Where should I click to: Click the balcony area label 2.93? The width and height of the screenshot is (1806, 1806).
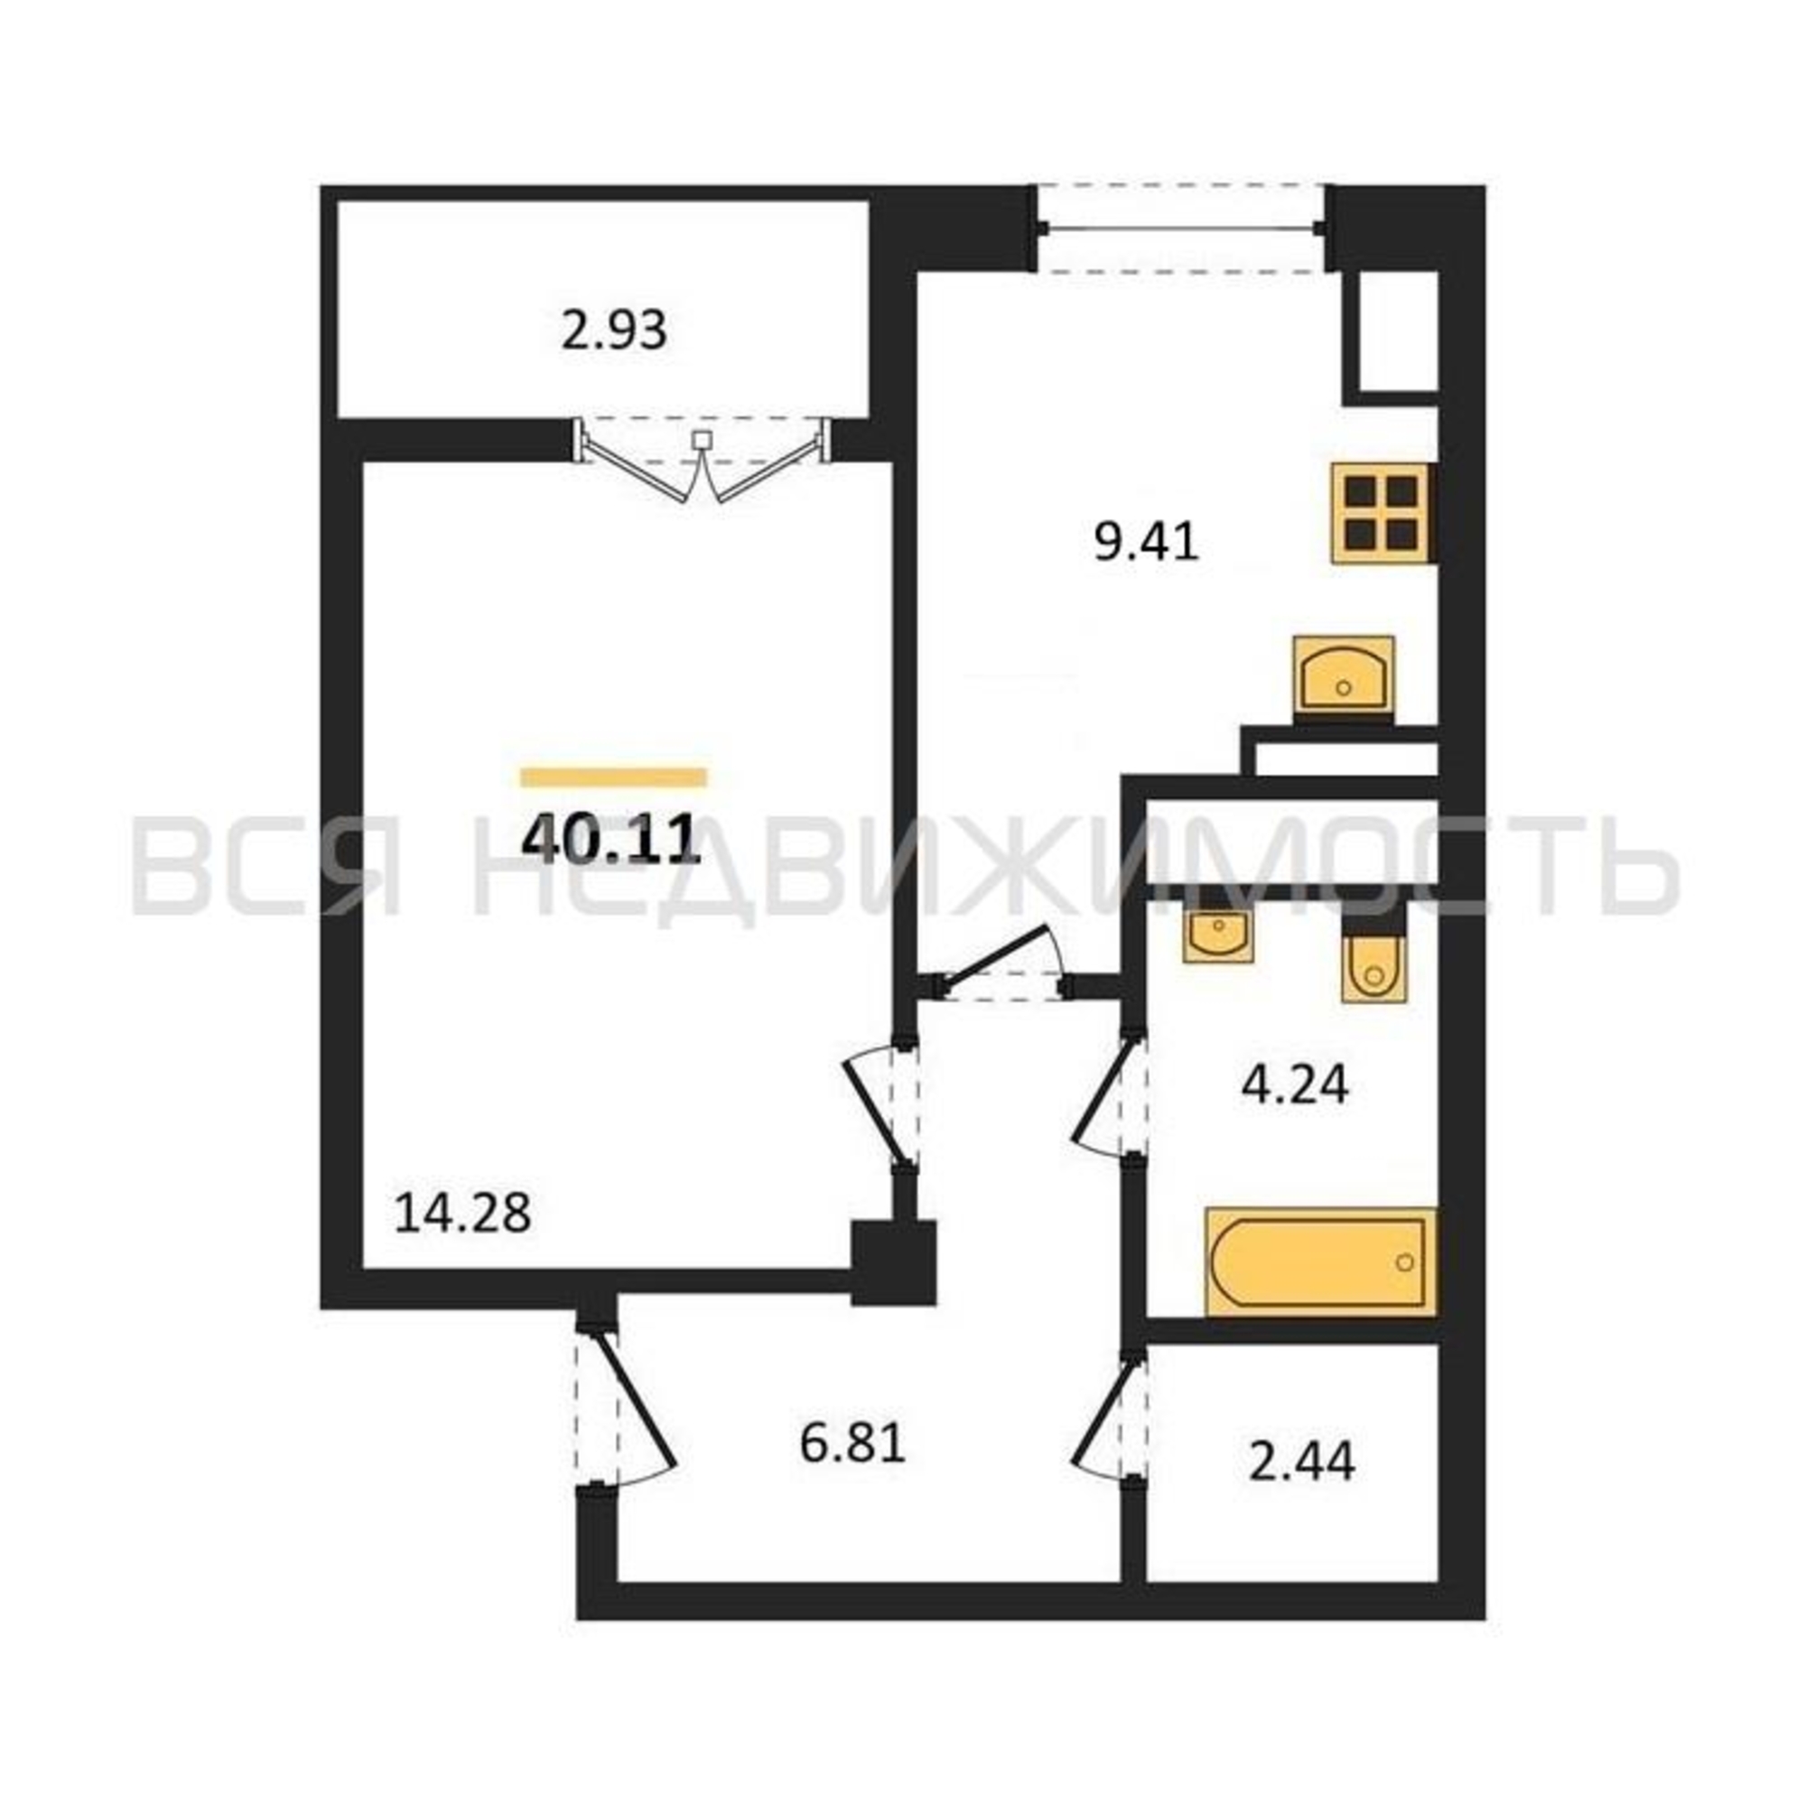coord(614,330)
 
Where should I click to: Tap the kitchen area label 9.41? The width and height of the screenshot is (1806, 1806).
coord(1146,541)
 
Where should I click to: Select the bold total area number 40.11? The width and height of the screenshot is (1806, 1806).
coord(611,839)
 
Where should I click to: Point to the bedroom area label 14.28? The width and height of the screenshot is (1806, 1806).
coord(462,1214)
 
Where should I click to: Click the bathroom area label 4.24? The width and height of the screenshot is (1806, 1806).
coord(1295,1085)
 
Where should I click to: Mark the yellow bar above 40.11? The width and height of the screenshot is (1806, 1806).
coord(613,777)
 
